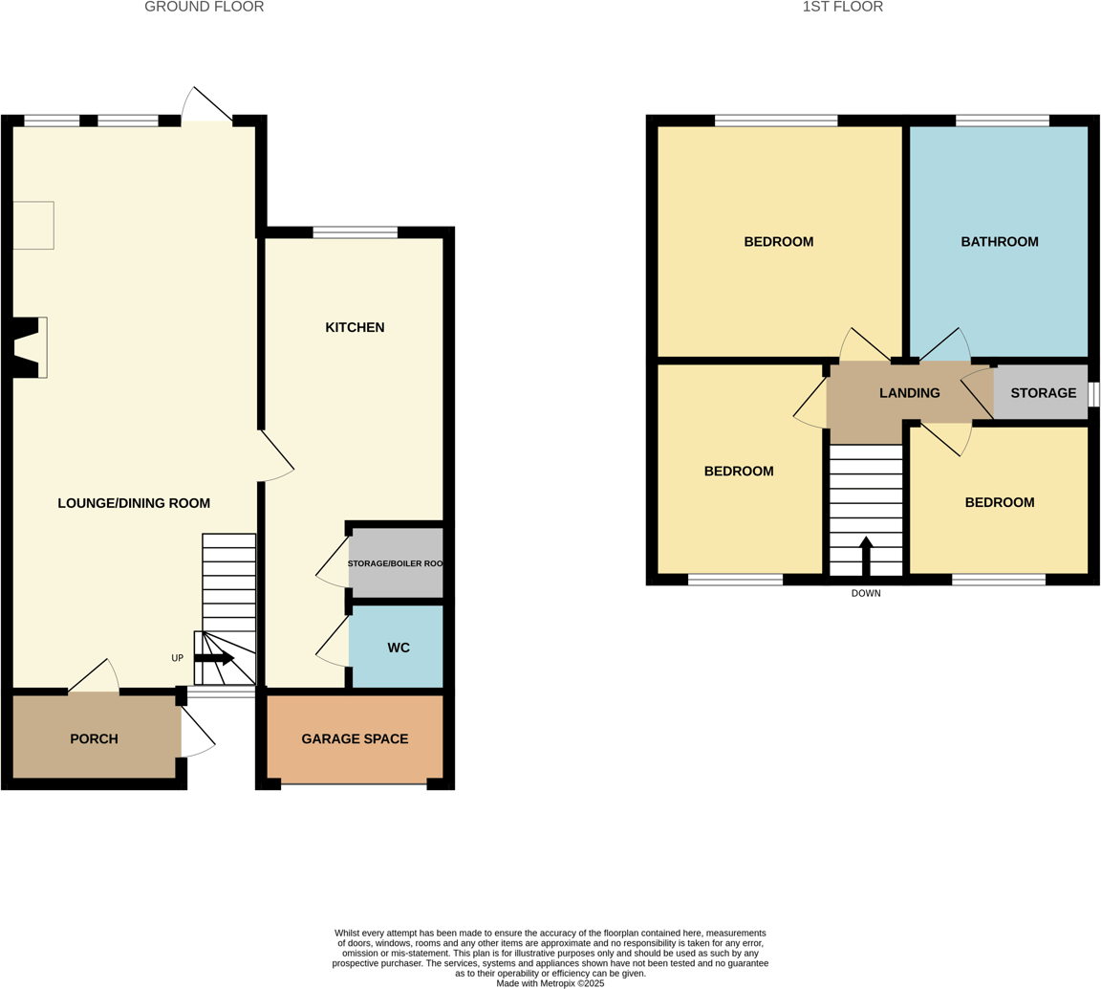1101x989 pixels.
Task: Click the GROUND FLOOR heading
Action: coord(204,8)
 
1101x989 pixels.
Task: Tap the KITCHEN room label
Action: coord(355,328)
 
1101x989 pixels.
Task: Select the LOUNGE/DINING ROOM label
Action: coord(134,503)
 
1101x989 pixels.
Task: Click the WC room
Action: coord(399,648)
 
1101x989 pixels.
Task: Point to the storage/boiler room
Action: coord(396,563)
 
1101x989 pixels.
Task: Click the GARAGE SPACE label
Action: coord(355,739)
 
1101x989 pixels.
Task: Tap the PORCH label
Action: coord(94,739)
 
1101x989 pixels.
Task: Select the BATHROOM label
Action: coord(999,242)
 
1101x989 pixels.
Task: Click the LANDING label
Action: coord(909,393)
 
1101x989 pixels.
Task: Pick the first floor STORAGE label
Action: coord(1043,393)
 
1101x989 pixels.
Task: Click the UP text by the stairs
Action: coord(177,658)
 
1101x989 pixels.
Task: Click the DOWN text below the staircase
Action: coord(865,594)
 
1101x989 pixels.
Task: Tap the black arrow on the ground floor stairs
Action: coord(214,658)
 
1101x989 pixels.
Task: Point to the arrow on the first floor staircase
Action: coord(866,555)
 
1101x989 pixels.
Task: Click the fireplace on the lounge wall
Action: coord(29,347)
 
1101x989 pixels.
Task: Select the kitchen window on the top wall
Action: coord(355,232)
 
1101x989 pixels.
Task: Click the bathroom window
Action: coord(1002,121)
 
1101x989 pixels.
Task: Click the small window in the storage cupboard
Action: coord(1093,394)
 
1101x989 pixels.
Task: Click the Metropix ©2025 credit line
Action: coord(550,982)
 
